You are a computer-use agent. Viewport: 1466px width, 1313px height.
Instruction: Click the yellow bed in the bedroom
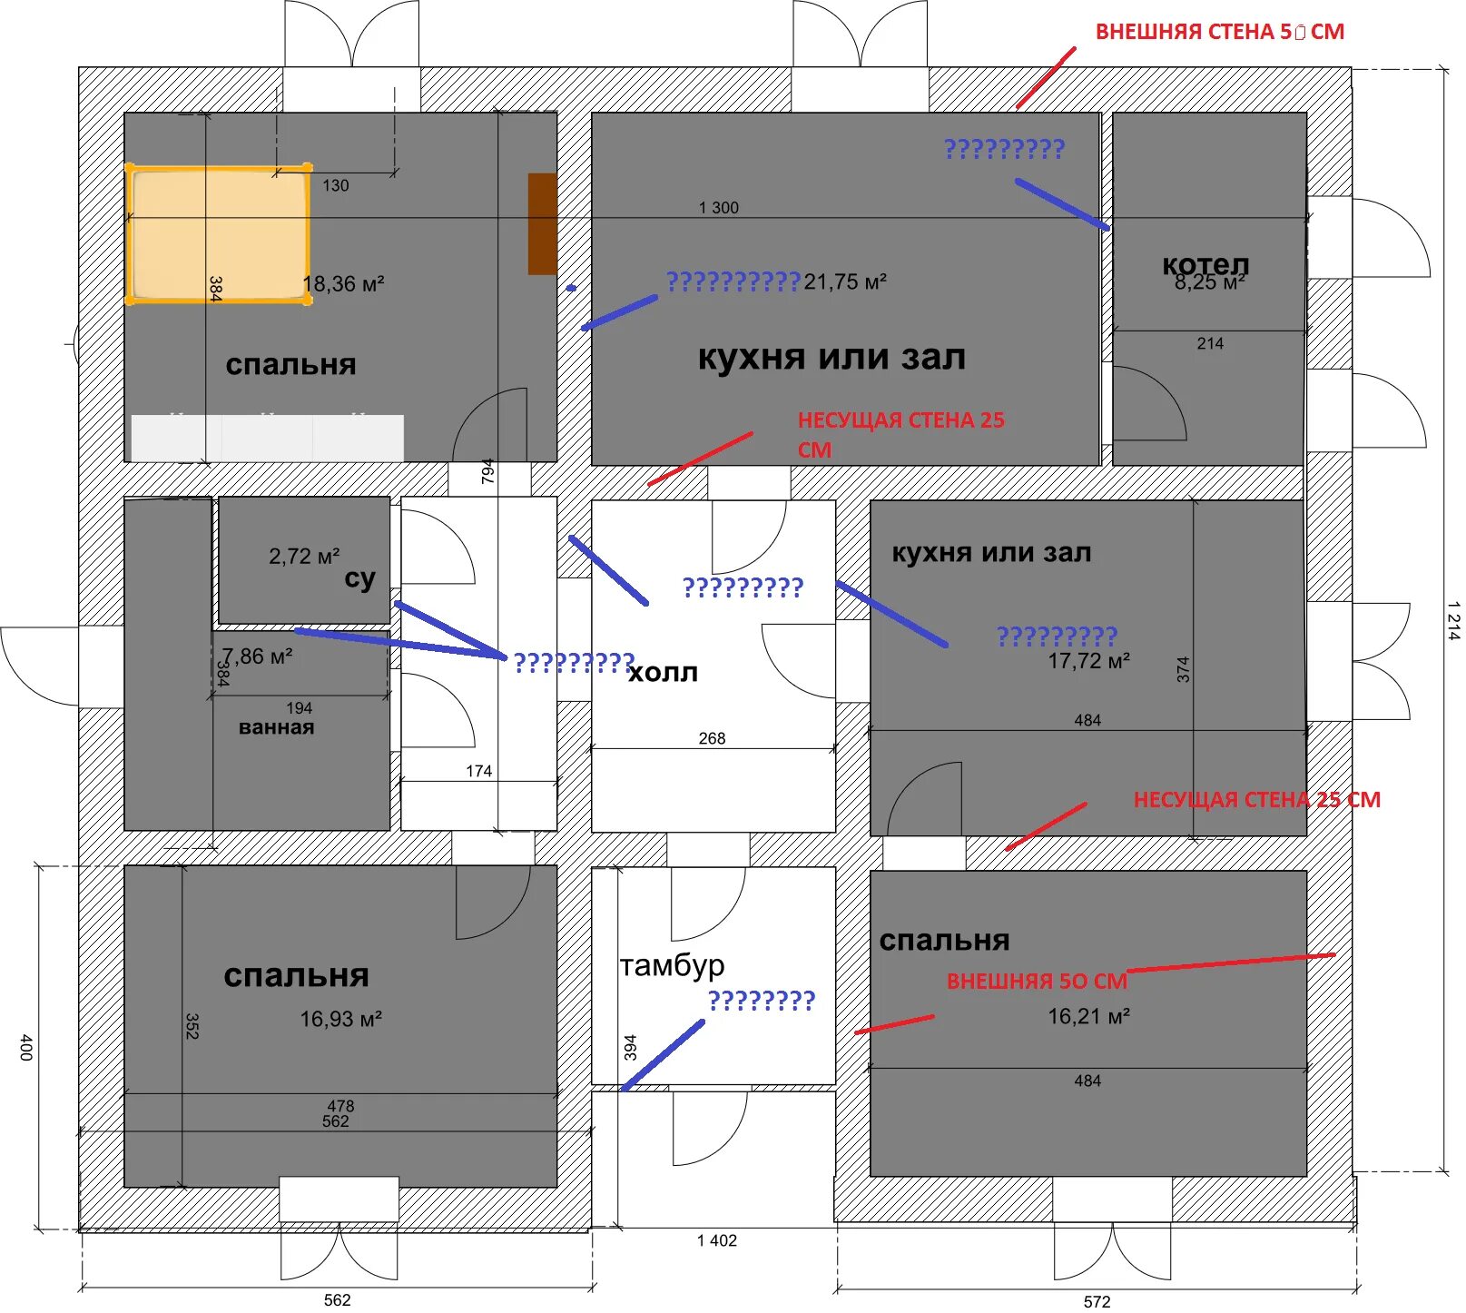[x=218, y=233]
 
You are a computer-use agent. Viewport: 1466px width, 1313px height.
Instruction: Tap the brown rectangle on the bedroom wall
[x=542, y=223]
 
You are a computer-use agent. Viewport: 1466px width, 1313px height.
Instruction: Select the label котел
[x=1205, y=264]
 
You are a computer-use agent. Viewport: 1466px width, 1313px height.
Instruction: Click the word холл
[x=663, y=673]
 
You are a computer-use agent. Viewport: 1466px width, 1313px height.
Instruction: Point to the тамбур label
[x=672, y=965]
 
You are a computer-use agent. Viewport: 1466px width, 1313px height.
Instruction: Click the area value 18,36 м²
[x=343, y=284]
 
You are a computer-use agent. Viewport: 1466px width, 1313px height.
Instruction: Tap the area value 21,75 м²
[x=844, y=282]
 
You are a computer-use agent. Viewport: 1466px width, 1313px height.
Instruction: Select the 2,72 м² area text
[x=304, y=556]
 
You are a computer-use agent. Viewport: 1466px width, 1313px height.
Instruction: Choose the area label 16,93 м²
[x=340, y=1019]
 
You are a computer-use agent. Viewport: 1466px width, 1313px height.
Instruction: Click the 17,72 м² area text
[x=1088, y=661]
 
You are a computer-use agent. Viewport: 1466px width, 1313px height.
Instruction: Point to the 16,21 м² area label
[x=1088, y=1016]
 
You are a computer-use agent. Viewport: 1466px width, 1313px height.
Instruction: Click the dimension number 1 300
[x=718, y=208]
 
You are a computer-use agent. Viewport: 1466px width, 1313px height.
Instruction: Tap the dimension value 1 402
[x=717, y=1240]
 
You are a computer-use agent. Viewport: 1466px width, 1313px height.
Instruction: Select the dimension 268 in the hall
[x=712, y=738]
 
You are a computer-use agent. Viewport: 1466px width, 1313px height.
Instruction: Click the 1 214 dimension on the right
[x=1453, y=621]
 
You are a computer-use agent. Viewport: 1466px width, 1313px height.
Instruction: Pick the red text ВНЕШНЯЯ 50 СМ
[x=1037, y=982]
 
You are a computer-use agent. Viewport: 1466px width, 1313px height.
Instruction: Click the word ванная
[x=276, y=727]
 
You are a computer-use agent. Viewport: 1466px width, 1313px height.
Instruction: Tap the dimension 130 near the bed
[x=335, y=185]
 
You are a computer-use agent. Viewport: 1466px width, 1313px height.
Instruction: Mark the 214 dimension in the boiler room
[x=1210, y=343]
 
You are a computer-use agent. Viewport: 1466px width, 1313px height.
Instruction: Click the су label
[x=359, y=578]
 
